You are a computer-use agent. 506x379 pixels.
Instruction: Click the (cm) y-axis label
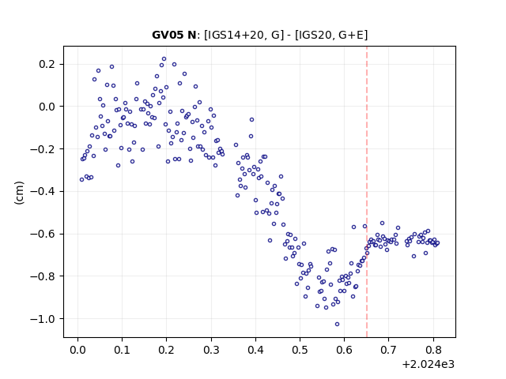click(19, 193)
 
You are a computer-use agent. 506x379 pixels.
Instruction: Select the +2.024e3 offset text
click(429, 364)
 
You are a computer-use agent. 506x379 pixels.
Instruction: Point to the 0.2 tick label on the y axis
click(47, 64)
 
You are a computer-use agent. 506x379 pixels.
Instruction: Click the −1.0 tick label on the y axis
click(43, 319)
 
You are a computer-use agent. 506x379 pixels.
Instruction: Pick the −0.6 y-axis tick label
click(43, 234)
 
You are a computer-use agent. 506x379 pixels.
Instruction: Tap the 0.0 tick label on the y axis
click(47, 107)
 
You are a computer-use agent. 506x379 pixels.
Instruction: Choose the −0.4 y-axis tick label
click(43, 191)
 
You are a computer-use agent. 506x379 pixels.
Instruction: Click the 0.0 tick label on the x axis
click(77, 350)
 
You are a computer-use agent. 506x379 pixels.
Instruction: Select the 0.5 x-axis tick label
click(300, 350)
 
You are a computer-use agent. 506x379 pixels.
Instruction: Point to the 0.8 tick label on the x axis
click(433, 350)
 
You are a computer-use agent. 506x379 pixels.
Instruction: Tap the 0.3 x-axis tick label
click(211, 350)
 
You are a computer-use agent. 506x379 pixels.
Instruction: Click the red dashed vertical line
click(367, 192)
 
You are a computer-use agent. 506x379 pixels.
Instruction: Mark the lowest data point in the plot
click(338, 324)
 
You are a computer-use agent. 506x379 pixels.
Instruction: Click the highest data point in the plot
click(164, 59)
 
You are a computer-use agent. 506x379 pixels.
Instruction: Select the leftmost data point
click(81, 179)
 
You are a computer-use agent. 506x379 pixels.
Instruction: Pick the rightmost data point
click(437, 243)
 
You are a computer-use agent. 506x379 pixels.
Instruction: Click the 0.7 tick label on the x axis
click(389, 350)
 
